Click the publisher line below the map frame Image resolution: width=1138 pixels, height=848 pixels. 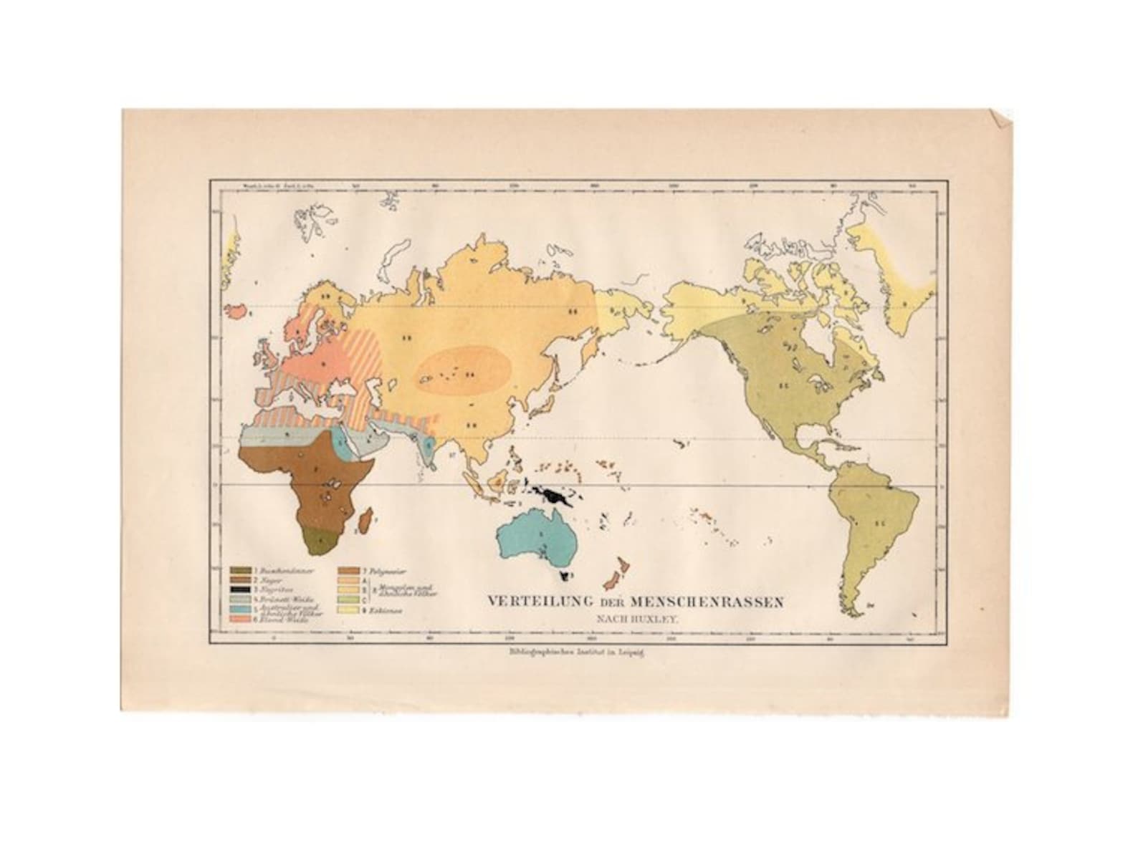click(x=571, y=652)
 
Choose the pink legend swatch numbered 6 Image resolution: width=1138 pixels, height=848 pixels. click(x=239, y=619)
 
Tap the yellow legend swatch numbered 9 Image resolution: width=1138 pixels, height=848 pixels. click(x=345, y=611)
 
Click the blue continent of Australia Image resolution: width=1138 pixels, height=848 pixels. click(x=537, y=541)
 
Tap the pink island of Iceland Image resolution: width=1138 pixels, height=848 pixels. click(x=237, y=309)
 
